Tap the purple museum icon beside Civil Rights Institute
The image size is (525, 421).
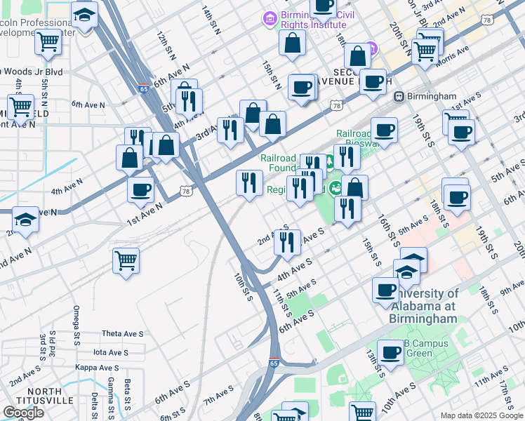pyautogui.click(x=268, y=17)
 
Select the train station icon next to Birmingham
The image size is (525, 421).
pyautogui.click(x=399, y=96)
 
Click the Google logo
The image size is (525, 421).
pyautogui.click(x=23, y=413)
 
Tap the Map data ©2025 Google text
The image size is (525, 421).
pyautogui.click(x=481, y=415)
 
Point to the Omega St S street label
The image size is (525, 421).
pyautogui.click(x=76, y=322)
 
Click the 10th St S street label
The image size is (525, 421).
pyautogui.click(x=243, y=287)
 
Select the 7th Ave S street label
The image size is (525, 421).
pyautogui.click(x=218, y=400)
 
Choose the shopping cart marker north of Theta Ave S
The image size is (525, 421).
pyautogui.click(x=126, y=261)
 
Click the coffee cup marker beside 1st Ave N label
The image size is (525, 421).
pyautogui.click(x=140, y=189)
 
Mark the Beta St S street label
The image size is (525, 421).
pyautogui.click(x=128, y=396)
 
